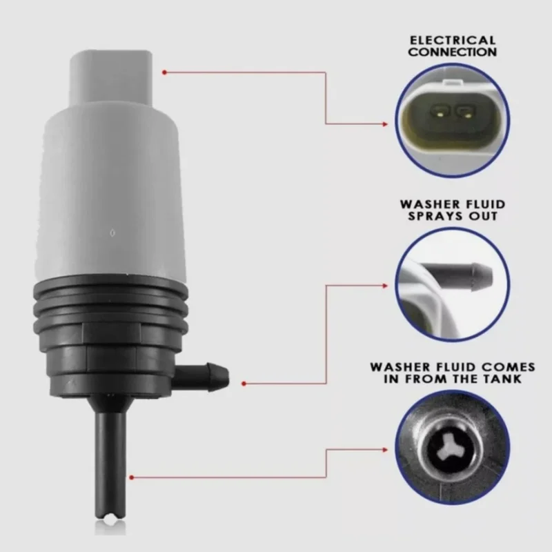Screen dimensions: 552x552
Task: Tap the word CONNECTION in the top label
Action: tap(453, 52)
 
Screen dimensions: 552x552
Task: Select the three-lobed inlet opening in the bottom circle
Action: tap(453, 446)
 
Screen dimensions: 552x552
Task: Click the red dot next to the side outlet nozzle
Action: tap(245, 382)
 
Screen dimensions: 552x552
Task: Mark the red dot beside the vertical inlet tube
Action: tap(131, 475)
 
